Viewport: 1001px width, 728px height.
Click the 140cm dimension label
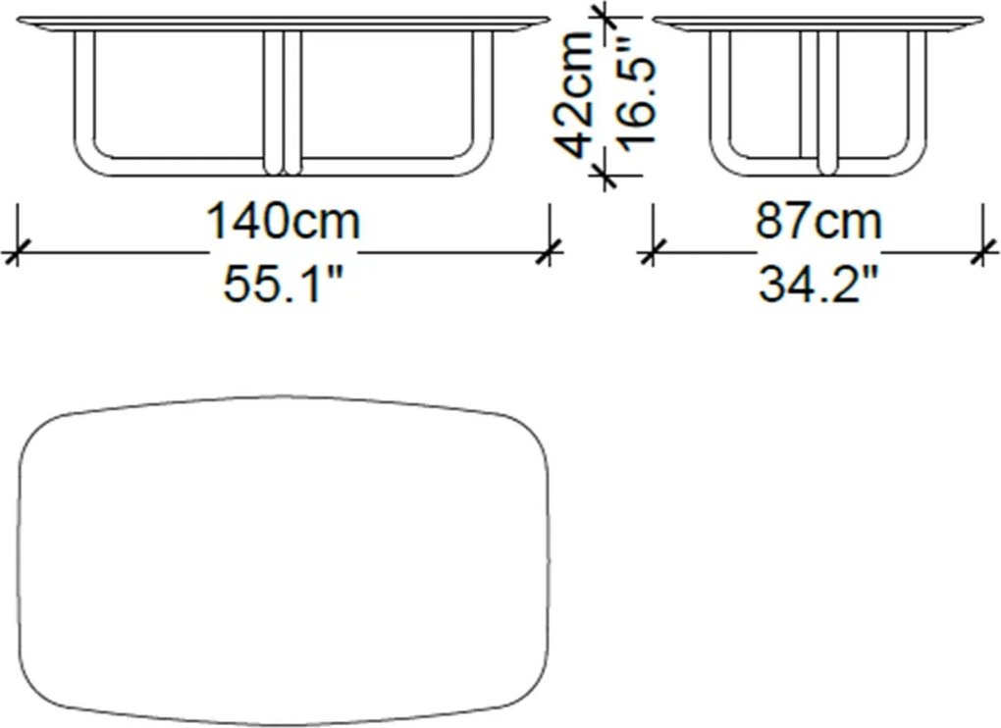pos(283,221)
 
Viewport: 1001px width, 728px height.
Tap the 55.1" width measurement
pos(283,283)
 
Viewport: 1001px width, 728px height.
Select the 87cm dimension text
pos(818,221)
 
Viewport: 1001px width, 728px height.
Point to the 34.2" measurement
pos(818,283)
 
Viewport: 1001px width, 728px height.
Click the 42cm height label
pos(573,94)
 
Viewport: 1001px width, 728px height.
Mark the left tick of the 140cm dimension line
pos(17,251)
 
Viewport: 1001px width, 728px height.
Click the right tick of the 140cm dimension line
pos(549,251)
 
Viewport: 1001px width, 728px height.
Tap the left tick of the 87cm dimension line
pos(652,251)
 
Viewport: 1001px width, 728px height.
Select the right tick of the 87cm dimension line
pos(983,251)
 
